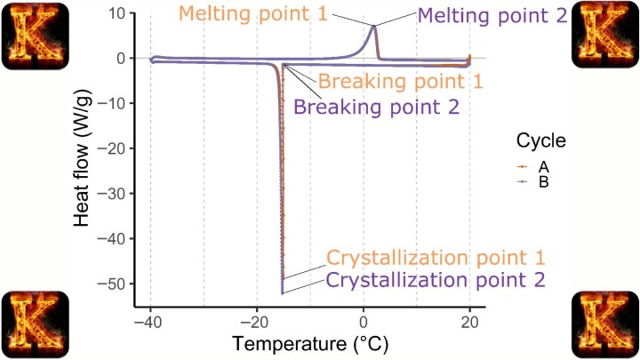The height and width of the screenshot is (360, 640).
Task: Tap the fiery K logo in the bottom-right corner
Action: coord(605,324)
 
